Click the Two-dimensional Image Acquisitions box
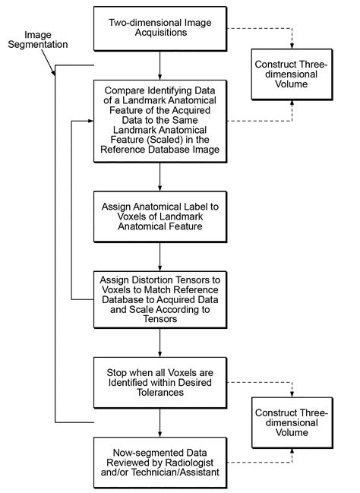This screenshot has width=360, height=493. (159, 28)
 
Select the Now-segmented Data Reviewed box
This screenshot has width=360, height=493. (159, 461)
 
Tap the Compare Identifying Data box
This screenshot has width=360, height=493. (159, 122)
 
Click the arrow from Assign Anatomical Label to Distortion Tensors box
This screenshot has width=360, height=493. (159, 258)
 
